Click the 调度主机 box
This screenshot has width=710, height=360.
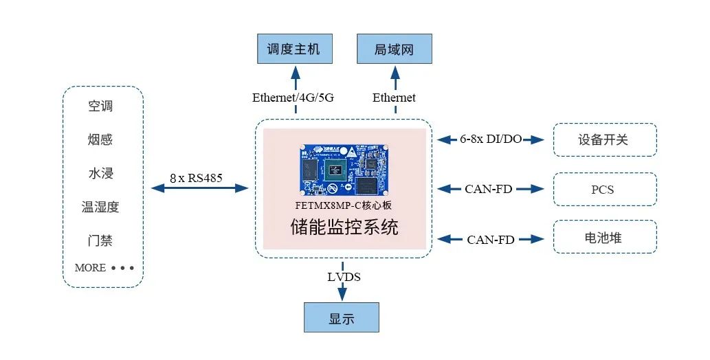(293, 49)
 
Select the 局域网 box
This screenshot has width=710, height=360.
(394, 49)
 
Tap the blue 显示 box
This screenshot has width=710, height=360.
(341, 319)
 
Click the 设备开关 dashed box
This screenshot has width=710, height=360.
(604, 139)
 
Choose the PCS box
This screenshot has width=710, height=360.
(604, 190)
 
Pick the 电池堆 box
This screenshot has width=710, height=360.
(604, 238)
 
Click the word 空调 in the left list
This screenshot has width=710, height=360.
(100, 106)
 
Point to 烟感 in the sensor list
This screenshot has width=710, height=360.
(100, 140)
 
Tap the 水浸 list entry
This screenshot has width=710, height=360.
(100, 174)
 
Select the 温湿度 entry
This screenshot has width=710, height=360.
(100, 207)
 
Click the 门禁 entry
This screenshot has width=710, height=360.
(100, 241)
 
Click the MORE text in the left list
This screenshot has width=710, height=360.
(90, 268)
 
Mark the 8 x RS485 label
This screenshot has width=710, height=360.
(196, 179)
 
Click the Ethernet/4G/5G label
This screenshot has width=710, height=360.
(293, 98)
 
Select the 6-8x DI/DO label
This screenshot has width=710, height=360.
(491, 139)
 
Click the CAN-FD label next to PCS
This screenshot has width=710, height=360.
(488, 189)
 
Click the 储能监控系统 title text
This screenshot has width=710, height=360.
(344, 227)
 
